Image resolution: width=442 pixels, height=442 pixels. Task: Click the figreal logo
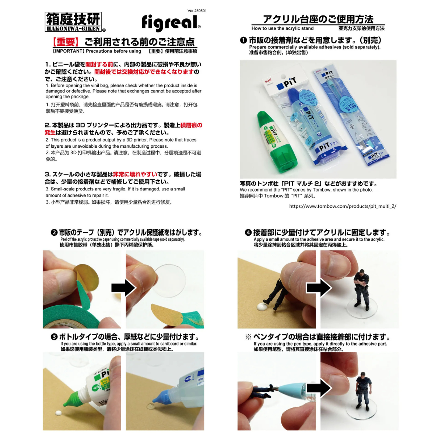(x=171, y=23)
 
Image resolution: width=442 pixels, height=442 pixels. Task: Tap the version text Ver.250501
(x=197, y=11)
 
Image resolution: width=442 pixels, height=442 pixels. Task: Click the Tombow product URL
(x=343, y=206)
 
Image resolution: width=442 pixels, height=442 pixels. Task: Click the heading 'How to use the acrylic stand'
(x=283, y=28)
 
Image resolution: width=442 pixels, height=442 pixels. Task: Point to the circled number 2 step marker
(x=54, y=232)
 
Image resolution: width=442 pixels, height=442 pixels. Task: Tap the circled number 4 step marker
(x=248, y=232)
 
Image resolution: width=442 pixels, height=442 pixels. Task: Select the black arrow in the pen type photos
(x=318, y=387)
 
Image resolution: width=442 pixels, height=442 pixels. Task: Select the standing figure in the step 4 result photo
(x=361, y=291)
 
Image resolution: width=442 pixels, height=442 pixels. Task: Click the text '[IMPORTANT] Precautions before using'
(x=97, y=51)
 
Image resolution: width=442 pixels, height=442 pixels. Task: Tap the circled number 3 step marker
(x=54, y=337)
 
